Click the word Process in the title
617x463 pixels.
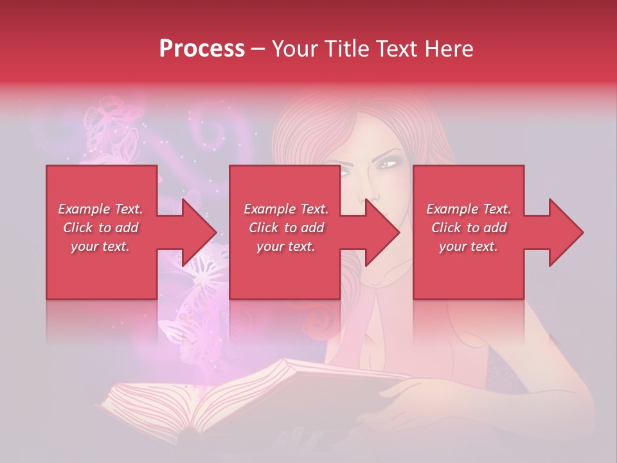point(202,49)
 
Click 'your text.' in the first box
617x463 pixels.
point(100,246)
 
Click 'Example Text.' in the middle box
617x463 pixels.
point(286,209)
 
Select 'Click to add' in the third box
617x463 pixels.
point(469,228)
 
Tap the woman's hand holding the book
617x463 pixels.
point(411,402)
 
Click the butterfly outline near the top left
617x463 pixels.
point(106,116)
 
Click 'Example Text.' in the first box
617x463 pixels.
point(100,209)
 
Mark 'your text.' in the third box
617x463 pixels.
point(468,246)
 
